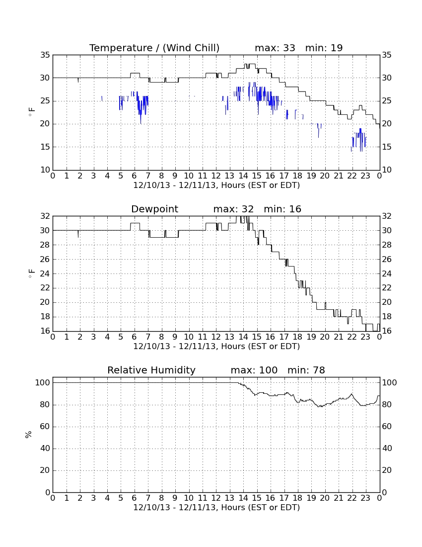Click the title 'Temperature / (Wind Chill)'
click(x=154, y=48)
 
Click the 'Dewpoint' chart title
click(x=154, y=209)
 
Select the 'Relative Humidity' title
click(x=151, y=370)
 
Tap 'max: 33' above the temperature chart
click(x=275, y=48)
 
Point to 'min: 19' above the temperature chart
click(x=324, y=48)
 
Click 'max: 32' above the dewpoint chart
click(x=233, y=209)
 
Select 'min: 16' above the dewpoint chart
click(x=282, y=209)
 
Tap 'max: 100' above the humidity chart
click(x=254, y=370)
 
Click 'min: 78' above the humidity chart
click(x=306, y=370)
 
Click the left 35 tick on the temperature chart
click(x=45, y=55)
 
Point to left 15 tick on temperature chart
click(x=45, y=147)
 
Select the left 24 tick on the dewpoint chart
click(x=45, y=273)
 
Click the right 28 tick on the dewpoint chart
click(x=387, y=245)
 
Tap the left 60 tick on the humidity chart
click(x=45, y=427)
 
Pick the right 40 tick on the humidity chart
click(x=387, y=449)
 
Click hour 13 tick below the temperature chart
click(x=229, y=176)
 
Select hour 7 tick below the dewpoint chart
click(x=148, y=337)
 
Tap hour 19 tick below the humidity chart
click(x=311, y=498)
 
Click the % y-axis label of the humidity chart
click(x=29, y=435)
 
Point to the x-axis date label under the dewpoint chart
click(x=216, y=347)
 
